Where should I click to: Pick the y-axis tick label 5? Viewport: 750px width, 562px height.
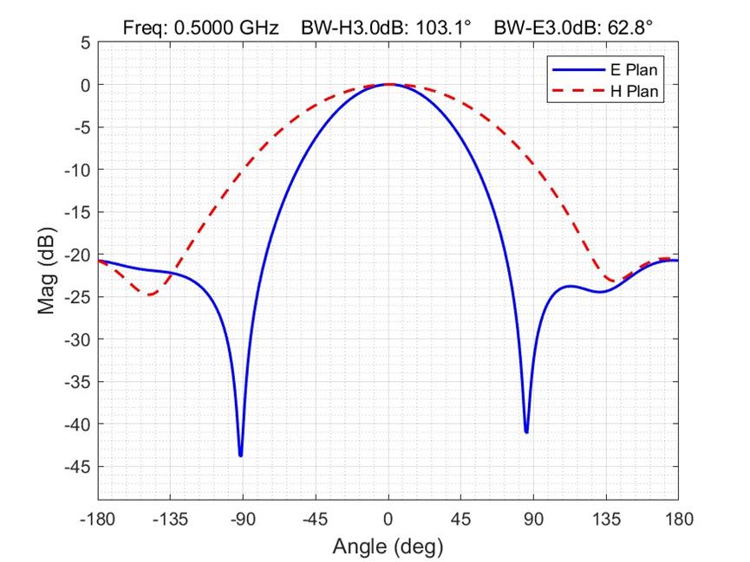coord(85,42)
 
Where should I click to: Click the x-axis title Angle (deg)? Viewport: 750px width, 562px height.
coord(388,547)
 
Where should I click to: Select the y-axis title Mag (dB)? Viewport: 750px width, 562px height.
coord(48,271)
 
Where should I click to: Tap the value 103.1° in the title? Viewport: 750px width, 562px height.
coord(443,28)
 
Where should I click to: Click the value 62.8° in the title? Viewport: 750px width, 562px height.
coord(626,28)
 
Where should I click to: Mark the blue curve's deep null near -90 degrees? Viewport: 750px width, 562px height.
coord(240,455)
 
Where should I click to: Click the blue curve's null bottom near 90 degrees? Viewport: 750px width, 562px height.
coord(526,431)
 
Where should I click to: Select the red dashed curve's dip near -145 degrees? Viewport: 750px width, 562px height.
coord(151,294)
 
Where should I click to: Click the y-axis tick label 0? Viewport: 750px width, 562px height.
coord(85,85)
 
